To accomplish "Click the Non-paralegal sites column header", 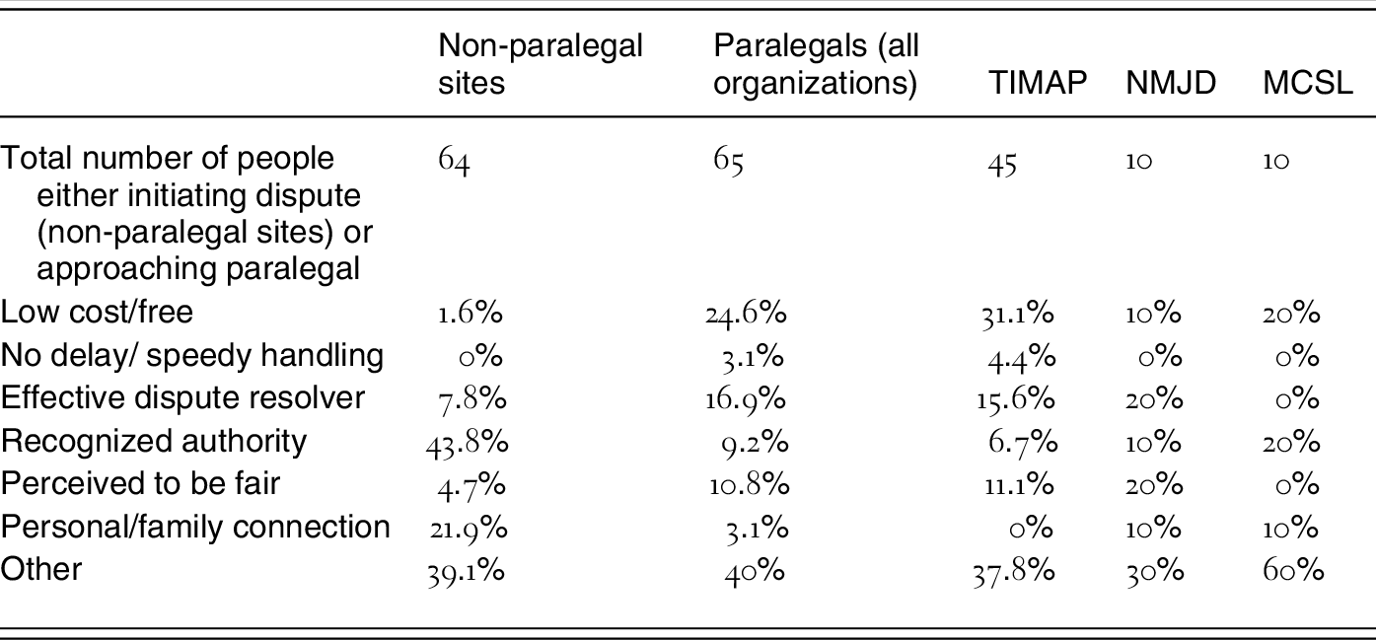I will pyautogui.click(x=541, y=65).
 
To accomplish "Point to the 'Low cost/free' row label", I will pyautogui.click(x=97, y=313).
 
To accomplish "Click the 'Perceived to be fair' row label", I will pyautogui.click(x=140, y=483).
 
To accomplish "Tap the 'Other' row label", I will pyautogui.click(x=41, y=569).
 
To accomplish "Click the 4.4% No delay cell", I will pyautogui.click(x=1023, y=356).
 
